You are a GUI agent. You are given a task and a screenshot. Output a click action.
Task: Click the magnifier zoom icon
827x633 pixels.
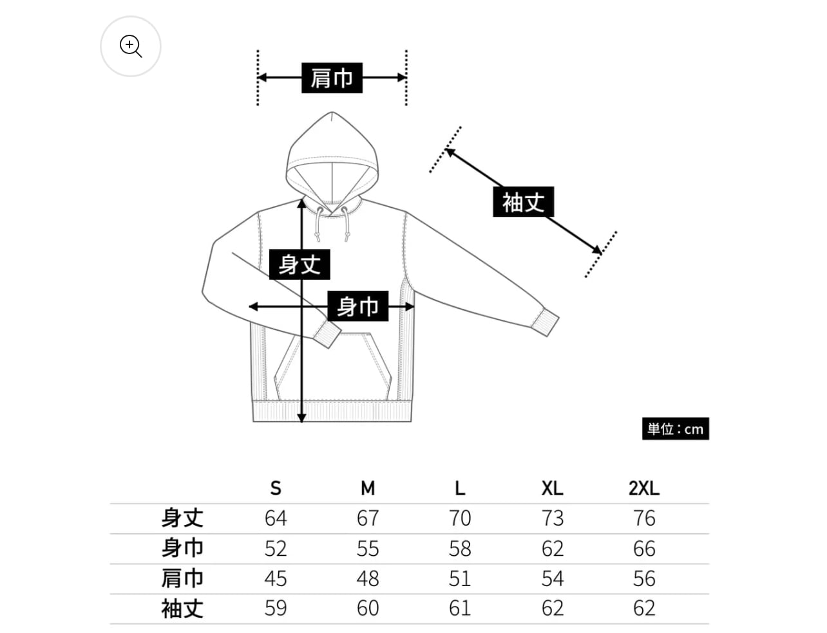pyautogui.click(x=131, y=46)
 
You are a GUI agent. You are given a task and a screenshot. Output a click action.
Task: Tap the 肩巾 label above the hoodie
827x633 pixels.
pyautogui.click(x=332, y=78)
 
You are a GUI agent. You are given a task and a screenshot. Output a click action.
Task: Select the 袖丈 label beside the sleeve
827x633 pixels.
pyautogui.click(x=523, y=202)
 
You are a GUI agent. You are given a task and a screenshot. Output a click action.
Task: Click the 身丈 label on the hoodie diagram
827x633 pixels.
pyautogui.click(x=299, y=264)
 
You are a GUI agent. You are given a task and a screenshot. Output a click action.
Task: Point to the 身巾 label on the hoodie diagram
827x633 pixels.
pyautogui.click(x=357, y=306)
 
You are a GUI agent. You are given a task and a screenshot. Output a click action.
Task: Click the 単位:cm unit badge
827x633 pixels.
pyautogui.click(x=675, y=429)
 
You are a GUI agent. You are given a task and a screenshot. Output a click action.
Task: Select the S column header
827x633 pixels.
pyautogui.click(x=276, y=488)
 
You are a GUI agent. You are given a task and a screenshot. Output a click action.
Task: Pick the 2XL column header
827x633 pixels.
pyautogui.click(x=644, y=488)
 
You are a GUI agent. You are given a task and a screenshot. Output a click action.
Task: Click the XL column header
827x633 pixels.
pyautogui.click(x=552, y=488)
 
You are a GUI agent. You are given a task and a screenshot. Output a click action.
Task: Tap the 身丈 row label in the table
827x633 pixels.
pyautogui.click(x=182, y=518)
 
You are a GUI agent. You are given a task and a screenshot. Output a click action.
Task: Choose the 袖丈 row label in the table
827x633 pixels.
pyautogui.click(x=182, y=608)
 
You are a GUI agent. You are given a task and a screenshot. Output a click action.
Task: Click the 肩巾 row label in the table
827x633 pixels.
pyautogui.click(x=182, y=578)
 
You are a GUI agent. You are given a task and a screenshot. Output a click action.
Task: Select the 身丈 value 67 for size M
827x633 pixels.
pyautogui.click(x=368, y=518)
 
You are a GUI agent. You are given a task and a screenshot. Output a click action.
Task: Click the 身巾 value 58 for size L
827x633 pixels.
pyautogui.click(x=460, y=548)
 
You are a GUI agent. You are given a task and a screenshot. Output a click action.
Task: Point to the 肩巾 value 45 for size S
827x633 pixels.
pyautogui.click(x=276, y=578)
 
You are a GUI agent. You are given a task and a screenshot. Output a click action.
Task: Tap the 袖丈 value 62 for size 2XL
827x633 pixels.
pyautogui.click(x=644, y=608)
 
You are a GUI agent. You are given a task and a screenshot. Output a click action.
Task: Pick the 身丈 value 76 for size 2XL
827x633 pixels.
pyautogui.click(x=644, y=518)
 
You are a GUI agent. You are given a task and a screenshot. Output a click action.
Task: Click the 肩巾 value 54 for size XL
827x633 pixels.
pyautogui.click(x=552, y=578)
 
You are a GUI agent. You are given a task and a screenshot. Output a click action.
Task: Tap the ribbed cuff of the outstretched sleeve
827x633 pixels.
pyautogui.click(x=546, y=322)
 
